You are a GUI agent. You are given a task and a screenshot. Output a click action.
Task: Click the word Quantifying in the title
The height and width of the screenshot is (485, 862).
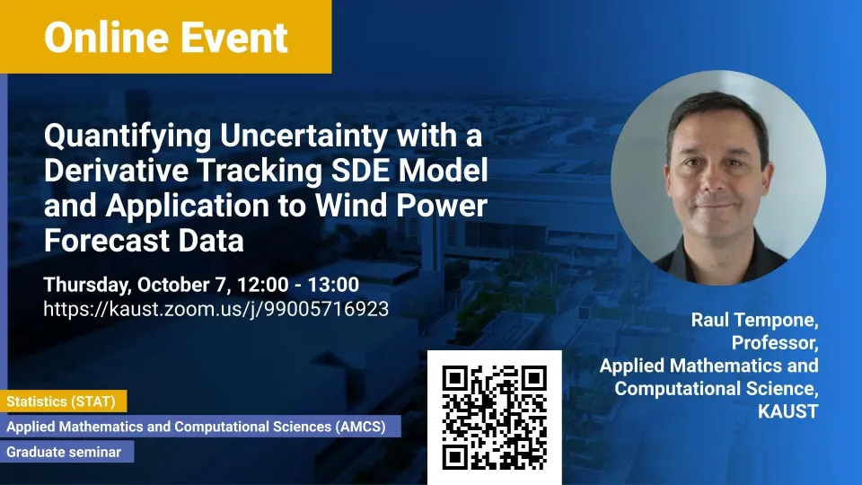(128, 137)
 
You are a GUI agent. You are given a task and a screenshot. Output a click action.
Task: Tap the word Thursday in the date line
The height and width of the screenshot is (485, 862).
(87, 286)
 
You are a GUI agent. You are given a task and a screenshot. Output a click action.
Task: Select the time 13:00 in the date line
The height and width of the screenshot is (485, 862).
(333, 285)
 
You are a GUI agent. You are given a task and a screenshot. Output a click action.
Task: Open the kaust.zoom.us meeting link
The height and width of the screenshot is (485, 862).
(216, 310)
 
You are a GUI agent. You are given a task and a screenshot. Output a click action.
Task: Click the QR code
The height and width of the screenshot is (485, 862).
(494, 418)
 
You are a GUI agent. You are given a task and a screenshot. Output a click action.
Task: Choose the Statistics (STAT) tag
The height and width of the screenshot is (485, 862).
(63, 401)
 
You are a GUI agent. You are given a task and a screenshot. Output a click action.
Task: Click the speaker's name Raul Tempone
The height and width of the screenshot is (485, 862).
(754, 320)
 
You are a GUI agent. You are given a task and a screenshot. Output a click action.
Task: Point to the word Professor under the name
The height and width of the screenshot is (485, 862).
(775, 343)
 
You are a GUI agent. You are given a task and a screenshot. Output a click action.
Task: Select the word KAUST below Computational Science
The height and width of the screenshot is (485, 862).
(787, 411)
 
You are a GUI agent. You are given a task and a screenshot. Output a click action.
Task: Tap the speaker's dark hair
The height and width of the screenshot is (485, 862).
(717, 113)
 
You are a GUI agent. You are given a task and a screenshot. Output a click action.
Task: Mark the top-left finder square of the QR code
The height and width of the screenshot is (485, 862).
(454, 378)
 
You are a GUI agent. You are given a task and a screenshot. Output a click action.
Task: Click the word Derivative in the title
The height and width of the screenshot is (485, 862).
(117, 170)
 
